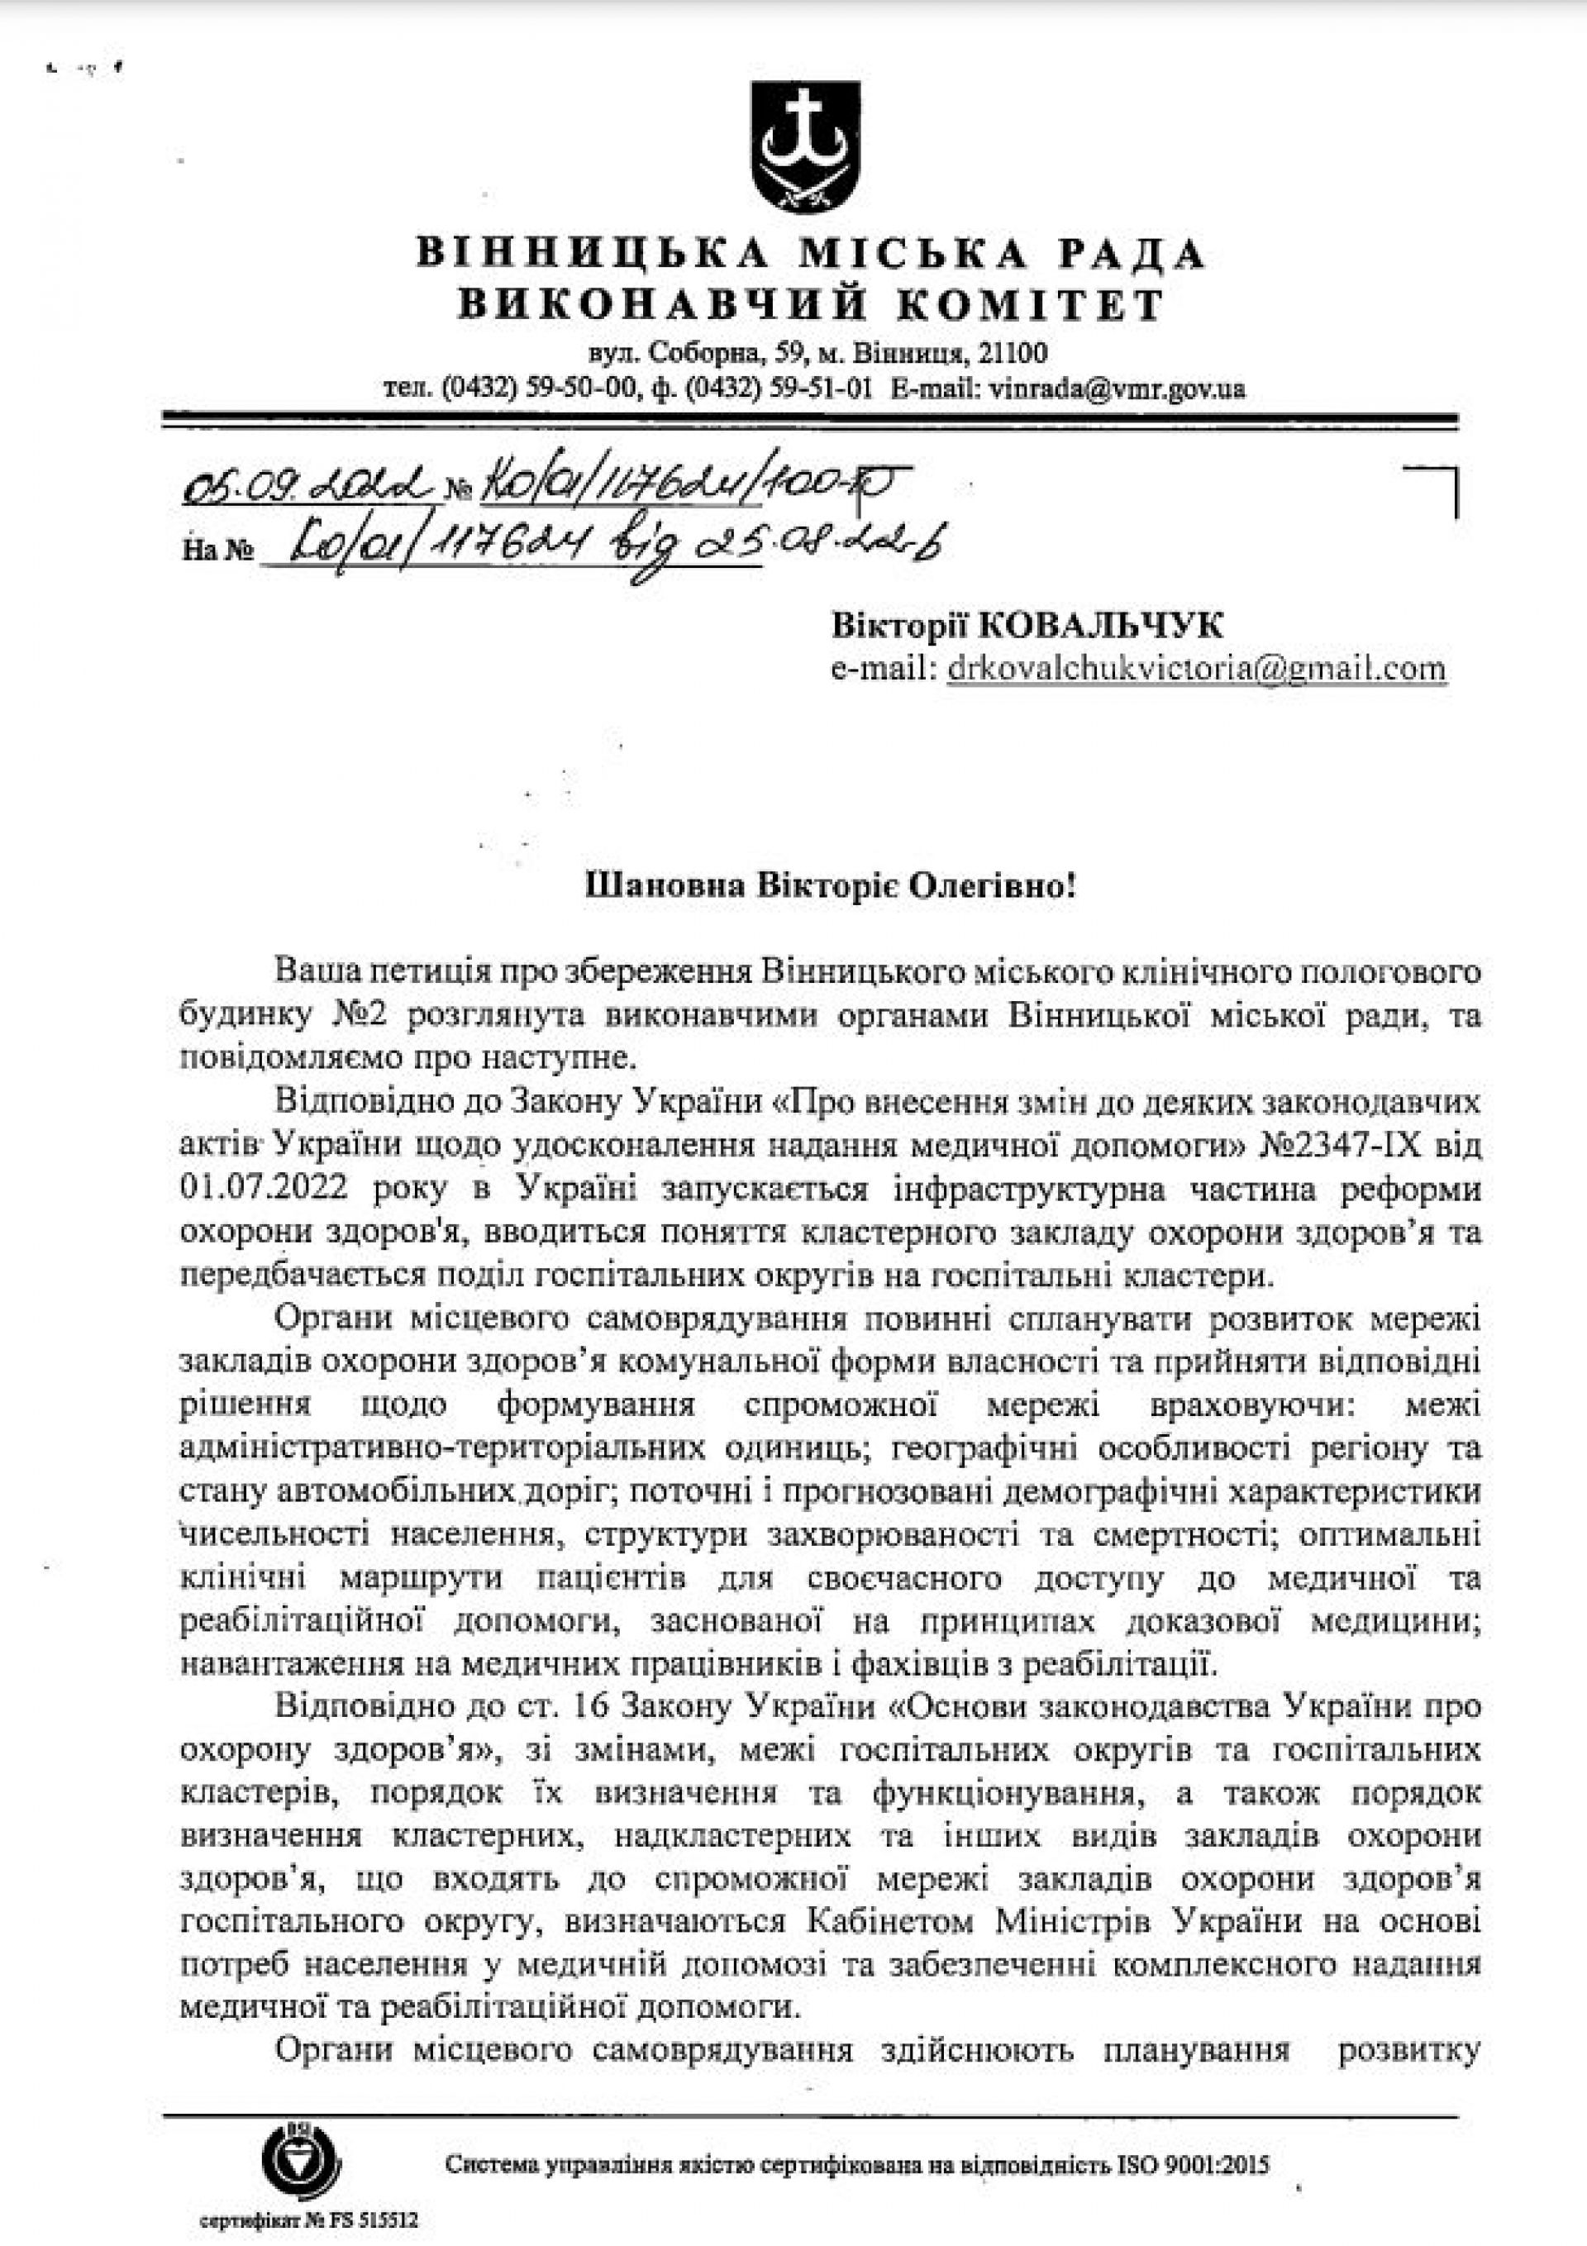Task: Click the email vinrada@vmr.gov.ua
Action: [x=1117, y=389]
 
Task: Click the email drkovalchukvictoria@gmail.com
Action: [x=1196, y=668]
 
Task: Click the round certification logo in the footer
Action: [x=299, y=2139]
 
